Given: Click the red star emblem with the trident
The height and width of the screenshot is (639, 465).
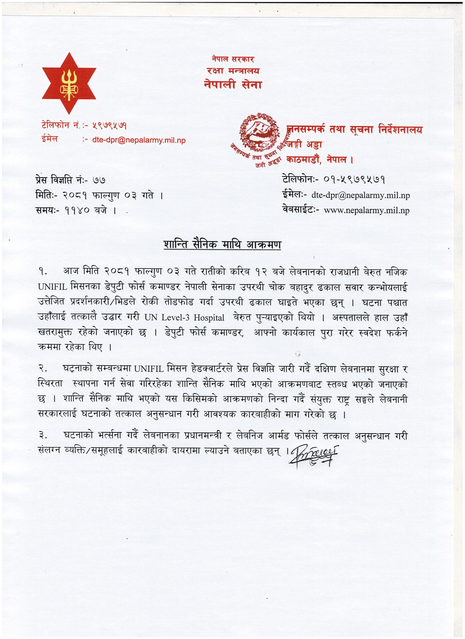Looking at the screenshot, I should [69, 83].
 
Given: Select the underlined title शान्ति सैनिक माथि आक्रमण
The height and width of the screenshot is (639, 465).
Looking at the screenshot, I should [222, 245].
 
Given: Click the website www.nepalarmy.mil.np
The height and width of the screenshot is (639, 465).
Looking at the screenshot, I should [367, 210].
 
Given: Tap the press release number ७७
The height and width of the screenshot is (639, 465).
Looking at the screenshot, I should [99, 180].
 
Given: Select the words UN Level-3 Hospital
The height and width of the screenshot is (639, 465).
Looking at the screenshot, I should [184, 318].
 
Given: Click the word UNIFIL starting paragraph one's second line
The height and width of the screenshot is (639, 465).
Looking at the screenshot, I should [52, 287].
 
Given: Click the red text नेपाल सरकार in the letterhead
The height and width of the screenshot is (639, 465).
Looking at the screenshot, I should [233, 59].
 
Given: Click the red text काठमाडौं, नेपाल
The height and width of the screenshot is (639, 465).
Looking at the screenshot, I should [320, 160].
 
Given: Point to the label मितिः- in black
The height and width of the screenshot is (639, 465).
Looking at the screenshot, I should [46, 195].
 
